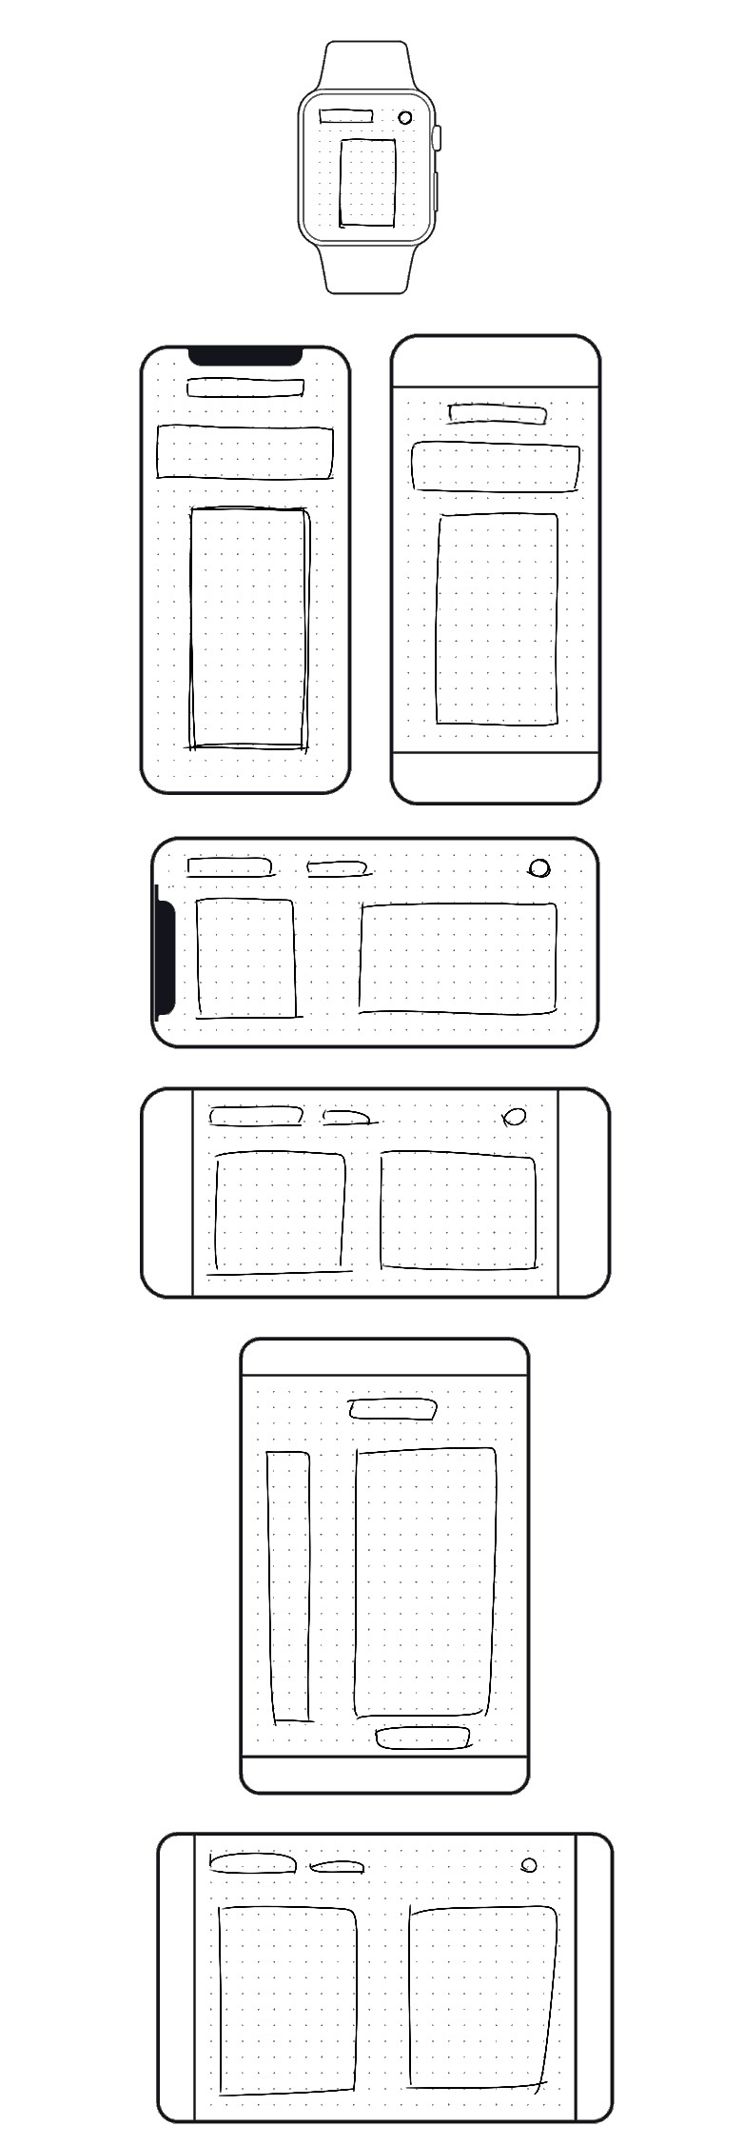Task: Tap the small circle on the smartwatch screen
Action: [x=405, y=117]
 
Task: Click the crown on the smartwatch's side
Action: [x=438, y=137]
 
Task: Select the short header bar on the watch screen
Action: [x=345, y=116]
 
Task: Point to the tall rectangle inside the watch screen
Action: [x=368, y=183]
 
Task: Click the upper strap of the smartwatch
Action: [x=366, y=65]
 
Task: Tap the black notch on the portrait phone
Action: [x=245, y=356]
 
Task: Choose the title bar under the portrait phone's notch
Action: [x=245, y=387]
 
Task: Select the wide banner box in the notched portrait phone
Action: [x=245, y=453]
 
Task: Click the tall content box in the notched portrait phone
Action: [x=249, y=628]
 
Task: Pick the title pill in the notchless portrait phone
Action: [x=498, y=413]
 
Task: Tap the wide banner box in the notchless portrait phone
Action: [x=496, y=467]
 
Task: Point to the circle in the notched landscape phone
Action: [x=539, y=867]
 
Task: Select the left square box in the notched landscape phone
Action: [x=246, y=958]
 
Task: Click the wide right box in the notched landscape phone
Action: [x=458, y=958]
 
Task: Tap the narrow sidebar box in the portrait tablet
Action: [x=289, y=1586]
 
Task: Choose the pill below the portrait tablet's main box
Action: [x=423, y=1738]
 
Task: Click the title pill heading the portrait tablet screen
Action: [x=393, y=1408]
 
